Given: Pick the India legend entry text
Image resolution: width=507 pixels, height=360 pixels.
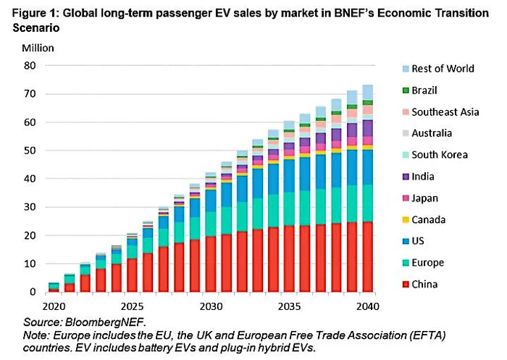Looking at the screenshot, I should (x=424, y=176).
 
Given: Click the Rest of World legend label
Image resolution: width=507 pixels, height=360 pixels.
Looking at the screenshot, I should (x=443, y=68).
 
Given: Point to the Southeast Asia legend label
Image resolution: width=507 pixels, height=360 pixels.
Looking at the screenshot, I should (x=445, y=112).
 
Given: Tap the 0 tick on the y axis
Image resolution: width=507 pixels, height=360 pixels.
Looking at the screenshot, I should (x=32, y=292).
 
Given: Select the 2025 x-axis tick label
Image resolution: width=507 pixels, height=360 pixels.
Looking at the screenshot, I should (x=130, y=306).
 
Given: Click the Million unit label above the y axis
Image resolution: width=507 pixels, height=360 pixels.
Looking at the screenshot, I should (x=37, y=48).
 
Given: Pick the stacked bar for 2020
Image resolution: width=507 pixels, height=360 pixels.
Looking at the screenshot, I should (x=53, y=288).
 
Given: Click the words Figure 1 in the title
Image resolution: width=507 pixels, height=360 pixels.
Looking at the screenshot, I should (x=31, y=9).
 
